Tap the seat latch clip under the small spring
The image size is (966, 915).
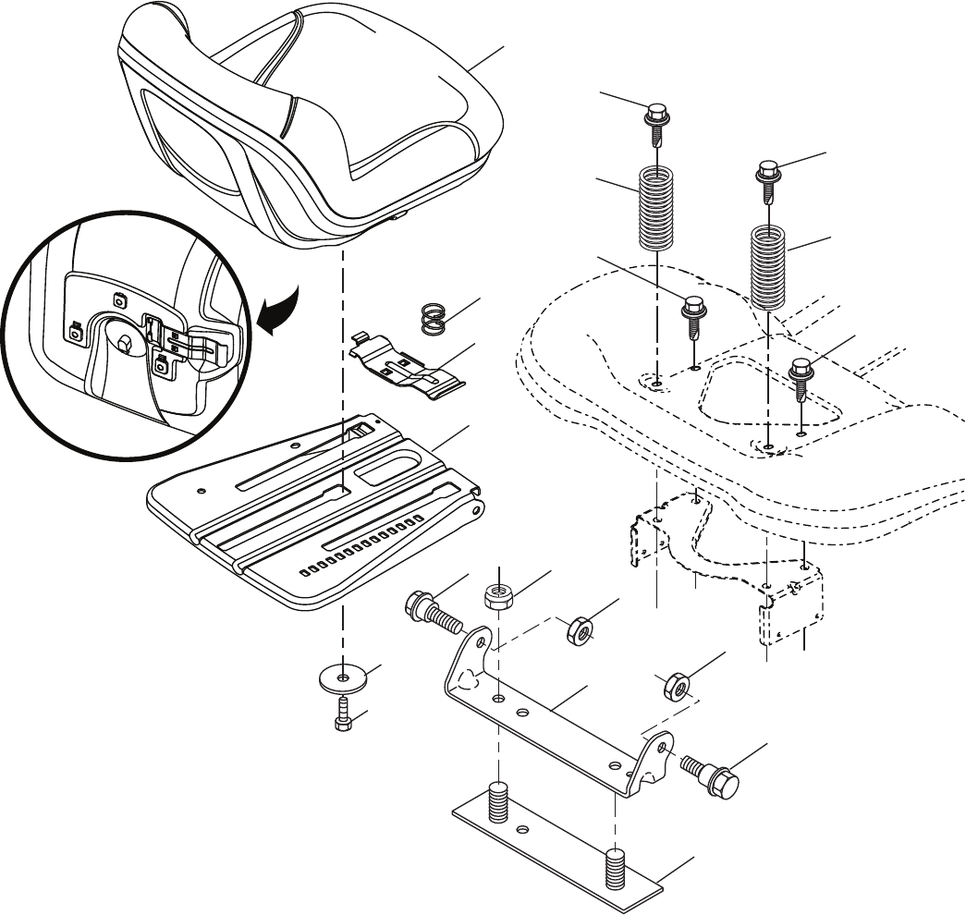(411, 370)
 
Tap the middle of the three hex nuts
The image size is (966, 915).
(580, 632)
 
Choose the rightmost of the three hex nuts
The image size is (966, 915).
(675, 686)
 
